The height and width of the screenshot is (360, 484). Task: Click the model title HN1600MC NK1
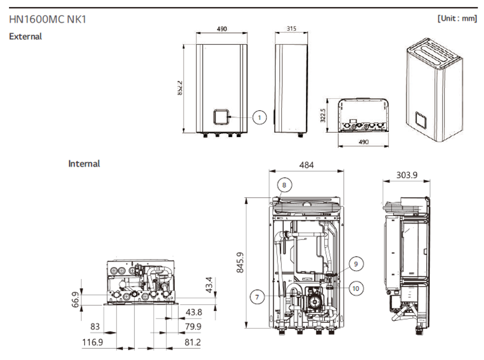48,19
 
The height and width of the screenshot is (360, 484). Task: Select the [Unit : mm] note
457,19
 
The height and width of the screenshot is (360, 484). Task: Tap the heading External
25,37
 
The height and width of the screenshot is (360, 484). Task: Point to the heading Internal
84,164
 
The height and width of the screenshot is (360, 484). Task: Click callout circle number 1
259,117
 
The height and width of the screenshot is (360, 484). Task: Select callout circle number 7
257,297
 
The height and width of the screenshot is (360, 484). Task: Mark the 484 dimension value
306,165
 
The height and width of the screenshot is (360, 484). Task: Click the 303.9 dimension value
407,175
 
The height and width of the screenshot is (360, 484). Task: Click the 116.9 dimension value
92,342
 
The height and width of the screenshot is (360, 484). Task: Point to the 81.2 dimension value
192,342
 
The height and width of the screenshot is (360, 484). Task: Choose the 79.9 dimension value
192,326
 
